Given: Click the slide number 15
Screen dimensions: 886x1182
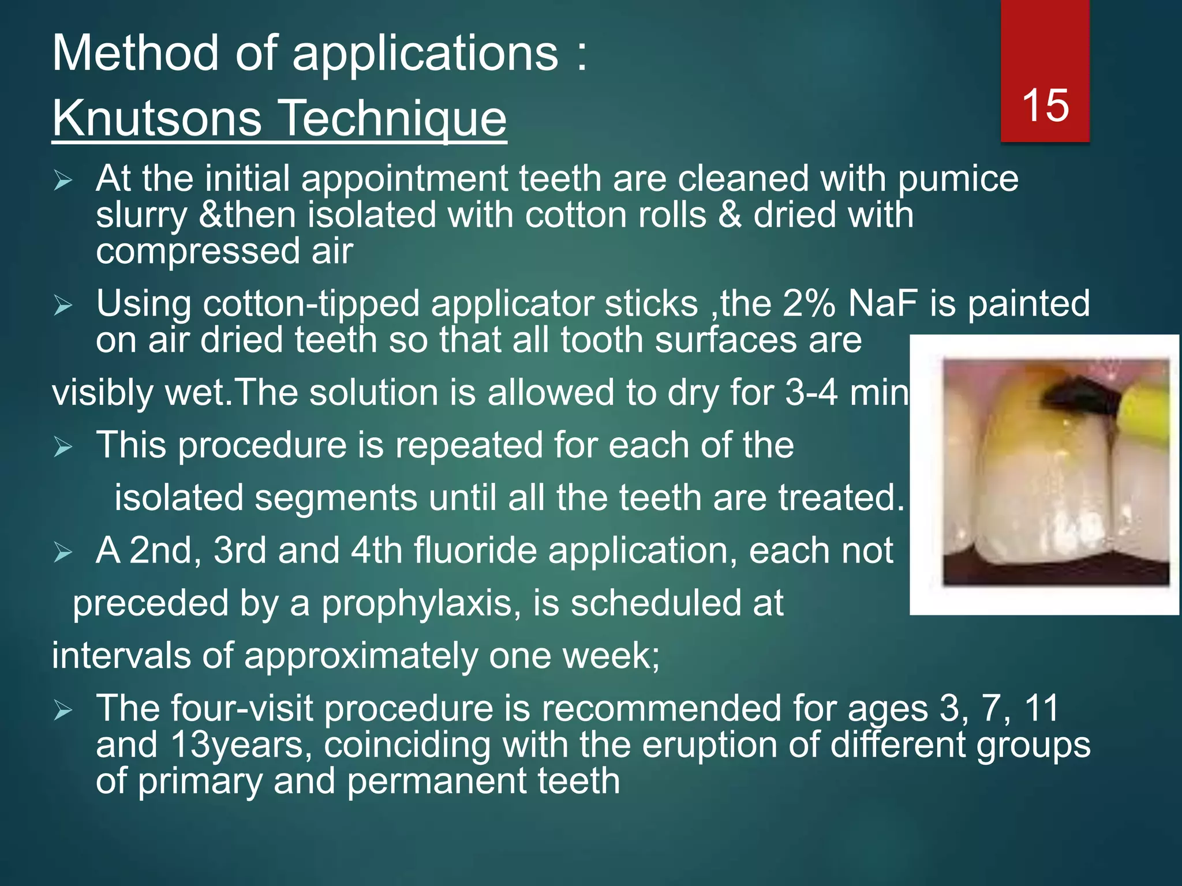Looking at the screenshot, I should click(x=1045, y=106).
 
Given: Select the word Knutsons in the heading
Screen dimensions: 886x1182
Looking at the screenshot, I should click(x=158, y=118).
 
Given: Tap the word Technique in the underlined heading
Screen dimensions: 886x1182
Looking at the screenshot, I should click(x=394, y=118).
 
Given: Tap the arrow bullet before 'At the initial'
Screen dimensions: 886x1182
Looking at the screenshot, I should click(x=62, y=181).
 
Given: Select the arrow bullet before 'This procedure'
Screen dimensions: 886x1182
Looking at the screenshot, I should click(x=62, y=447).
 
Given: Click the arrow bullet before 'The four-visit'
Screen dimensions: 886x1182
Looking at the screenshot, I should click(x=62, y=711).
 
